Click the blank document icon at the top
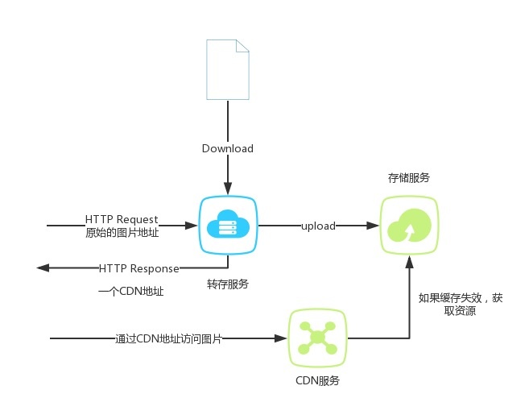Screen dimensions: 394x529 click(x=228, y=68)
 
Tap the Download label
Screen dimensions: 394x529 click(x=228, y=148)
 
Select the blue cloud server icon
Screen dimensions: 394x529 click(x=228, y=226)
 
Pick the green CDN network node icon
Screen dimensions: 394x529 click(x=318, y=338)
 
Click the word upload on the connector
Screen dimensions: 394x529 click(x=318, y=226)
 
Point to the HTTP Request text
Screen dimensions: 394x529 click(x=122, y=219)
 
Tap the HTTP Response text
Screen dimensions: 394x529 click(x=139, y=268)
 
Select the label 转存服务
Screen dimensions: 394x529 click(x=228, y=284)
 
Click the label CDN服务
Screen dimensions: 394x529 click(x=318, y=379)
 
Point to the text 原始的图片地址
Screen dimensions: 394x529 click(x=122, y=233)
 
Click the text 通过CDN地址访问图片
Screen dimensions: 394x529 click(x=167, y=338)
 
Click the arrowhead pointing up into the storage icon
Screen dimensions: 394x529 click(x=408, y=259)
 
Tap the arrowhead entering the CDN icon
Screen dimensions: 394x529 click(x=283, y=338)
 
